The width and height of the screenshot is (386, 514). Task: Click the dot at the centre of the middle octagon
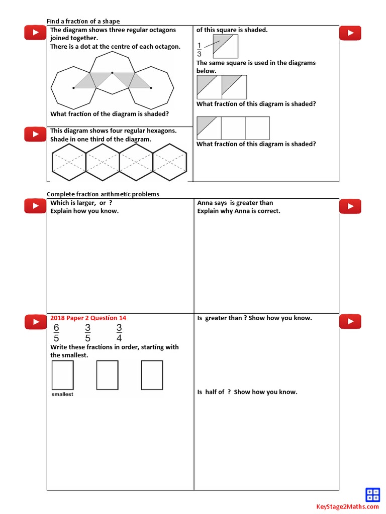(112, 73)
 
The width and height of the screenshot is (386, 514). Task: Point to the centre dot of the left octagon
(74, 88)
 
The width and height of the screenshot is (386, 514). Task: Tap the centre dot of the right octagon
(151, 88)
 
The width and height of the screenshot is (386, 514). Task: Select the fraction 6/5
(56, 332)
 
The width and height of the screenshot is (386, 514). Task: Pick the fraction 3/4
(119, 332)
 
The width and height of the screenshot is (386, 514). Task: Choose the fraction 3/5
(87, 332)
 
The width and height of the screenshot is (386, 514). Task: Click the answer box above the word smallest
(62, 375)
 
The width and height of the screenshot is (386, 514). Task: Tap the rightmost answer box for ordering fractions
(152, 375)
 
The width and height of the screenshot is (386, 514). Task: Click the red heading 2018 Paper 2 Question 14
(88, 318)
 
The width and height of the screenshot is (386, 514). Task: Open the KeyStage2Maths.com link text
(347, 507)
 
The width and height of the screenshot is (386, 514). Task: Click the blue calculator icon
(372, 494)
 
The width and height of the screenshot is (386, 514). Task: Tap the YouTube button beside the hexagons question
(35, 134)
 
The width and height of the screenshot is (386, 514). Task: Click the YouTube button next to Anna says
(350, 206)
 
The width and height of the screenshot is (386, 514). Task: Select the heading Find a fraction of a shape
(83, 21)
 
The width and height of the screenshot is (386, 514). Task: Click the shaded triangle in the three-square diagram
(205, 123)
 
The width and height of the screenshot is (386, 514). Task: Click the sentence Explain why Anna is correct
(239, 211)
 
